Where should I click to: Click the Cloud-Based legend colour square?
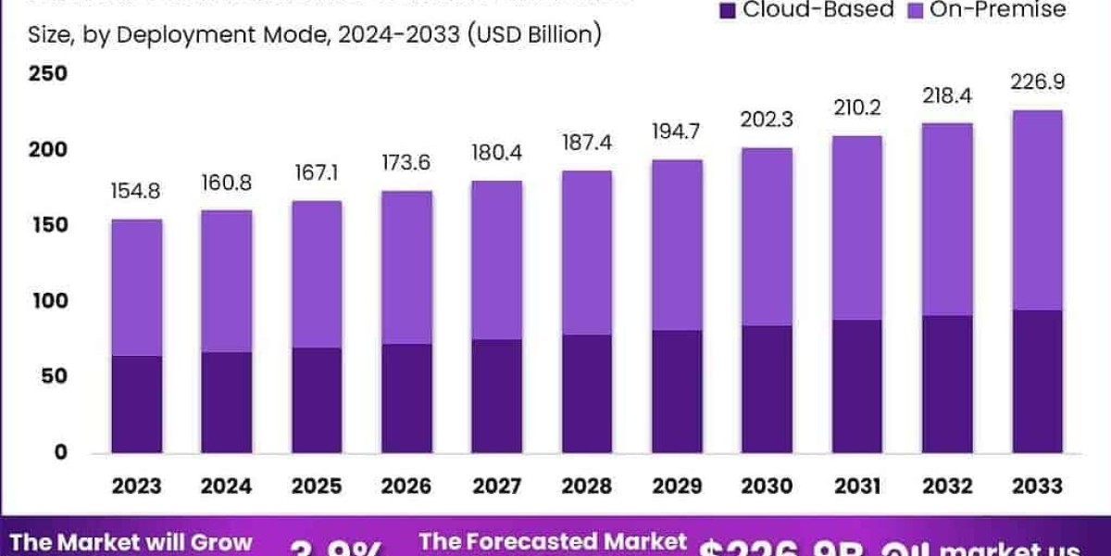(728, 10)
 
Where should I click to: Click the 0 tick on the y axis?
(60, 452)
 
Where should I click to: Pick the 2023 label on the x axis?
(137, 486)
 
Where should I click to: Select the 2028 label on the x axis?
(587, 486)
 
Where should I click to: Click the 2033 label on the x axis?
(1037, 486)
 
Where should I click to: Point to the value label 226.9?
(1037, 82)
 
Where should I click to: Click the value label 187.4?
(587, 146)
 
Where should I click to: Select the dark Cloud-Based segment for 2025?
(317, 400)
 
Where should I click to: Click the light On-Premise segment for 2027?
(497, 259)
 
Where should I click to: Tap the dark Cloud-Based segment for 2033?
(1037, 381)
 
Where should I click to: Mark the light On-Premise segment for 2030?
(767, 236)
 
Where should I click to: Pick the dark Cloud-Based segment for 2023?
(137, 404)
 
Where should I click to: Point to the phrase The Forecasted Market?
(553, 542)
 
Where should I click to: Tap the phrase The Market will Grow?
(131, 543)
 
